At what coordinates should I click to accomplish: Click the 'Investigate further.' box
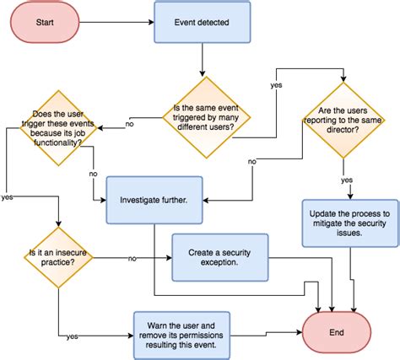[x=154, y=200]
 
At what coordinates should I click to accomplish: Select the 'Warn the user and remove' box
[x=181, y=332]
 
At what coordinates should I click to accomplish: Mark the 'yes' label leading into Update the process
[x=347, y=180]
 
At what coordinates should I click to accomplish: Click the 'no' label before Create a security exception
[x=132, y=257]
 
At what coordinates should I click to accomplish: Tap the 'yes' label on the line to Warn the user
[x=73, y=336]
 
